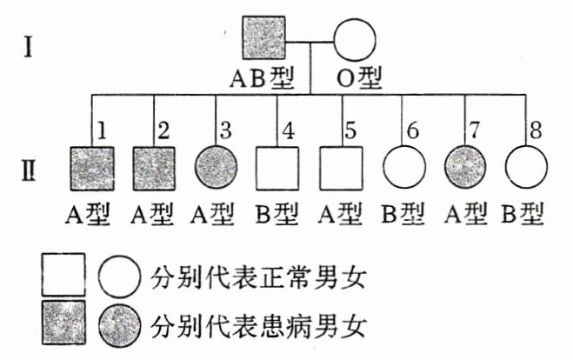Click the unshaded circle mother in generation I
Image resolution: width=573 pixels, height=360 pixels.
[355, 42]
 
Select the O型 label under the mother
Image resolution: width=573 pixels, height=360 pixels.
[358, 80]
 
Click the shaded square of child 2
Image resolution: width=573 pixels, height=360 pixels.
[154, 169]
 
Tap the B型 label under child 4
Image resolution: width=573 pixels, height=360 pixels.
[277, 213]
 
